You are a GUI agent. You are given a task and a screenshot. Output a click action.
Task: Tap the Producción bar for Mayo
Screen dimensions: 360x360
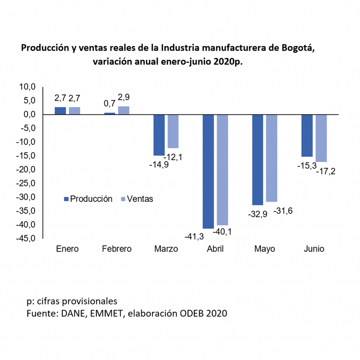(x=257, y=160)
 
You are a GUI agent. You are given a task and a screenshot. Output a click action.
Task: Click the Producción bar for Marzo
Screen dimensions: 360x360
(x=159, y=135)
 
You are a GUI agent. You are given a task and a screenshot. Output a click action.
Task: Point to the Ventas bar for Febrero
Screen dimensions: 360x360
(x=124, y=110)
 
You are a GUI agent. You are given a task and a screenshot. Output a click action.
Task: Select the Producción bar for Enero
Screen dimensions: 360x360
(x=60, y=111)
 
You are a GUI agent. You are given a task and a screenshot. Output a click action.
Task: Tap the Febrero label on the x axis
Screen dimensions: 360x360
(x=117, y=249)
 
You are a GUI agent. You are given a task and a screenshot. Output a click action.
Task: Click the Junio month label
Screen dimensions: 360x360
(x=314, y=249)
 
